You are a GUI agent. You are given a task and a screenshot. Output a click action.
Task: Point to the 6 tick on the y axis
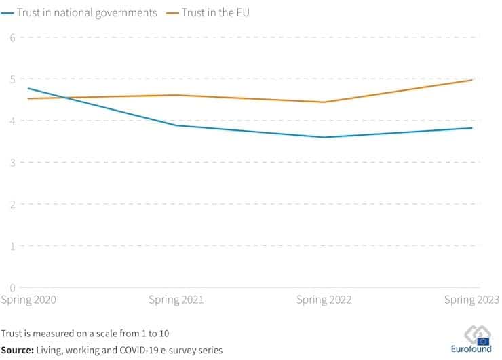(x=12, y=37)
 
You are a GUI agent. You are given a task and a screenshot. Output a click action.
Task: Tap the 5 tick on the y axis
(x=12, y=79)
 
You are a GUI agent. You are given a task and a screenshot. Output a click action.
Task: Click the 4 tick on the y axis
(x=12, y=121)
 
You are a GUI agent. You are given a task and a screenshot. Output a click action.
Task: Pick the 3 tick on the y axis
(x=12, y=163)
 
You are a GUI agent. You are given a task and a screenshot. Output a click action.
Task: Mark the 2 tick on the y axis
(x=12, y=204)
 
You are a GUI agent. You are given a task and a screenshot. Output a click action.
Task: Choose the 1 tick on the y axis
(x=12, y=246)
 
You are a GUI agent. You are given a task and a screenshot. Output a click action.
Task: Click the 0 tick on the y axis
(x=12, y=287)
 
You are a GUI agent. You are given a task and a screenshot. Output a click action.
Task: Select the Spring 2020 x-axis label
(x=28, y=300)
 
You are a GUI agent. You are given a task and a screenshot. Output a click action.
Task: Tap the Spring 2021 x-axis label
(x=176, y=300)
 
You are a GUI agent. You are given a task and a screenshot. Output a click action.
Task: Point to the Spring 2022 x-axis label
(x=324, y=300)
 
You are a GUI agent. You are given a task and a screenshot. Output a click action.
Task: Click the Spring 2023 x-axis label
(x=471, y=300)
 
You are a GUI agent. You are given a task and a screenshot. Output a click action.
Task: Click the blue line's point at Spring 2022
(x=324, y=137)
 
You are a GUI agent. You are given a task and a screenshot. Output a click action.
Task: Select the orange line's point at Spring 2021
(x=176, y=95)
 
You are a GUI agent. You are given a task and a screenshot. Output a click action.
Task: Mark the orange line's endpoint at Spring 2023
(x=472, y=80)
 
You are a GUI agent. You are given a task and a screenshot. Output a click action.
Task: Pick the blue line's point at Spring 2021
(x=176, y=125)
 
